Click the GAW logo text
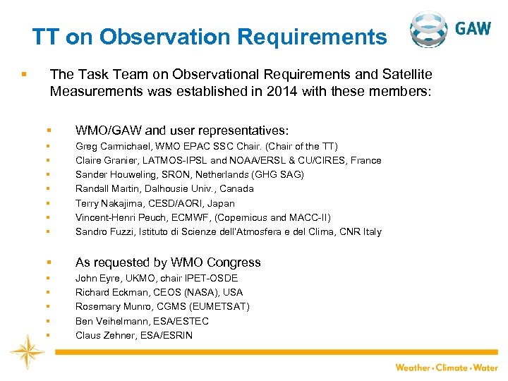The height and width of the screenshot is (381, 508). [x=473, y=28]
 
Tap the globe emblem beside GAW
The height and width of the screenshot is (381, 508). [x=428, y=30]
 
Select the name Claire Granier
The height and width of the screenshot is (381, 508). [x=107, y=160]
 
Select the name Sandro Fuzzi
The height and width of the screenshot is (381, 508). [x=104, y=231]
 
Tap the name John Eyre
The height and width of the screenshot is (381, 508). [x=97, y=278]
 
